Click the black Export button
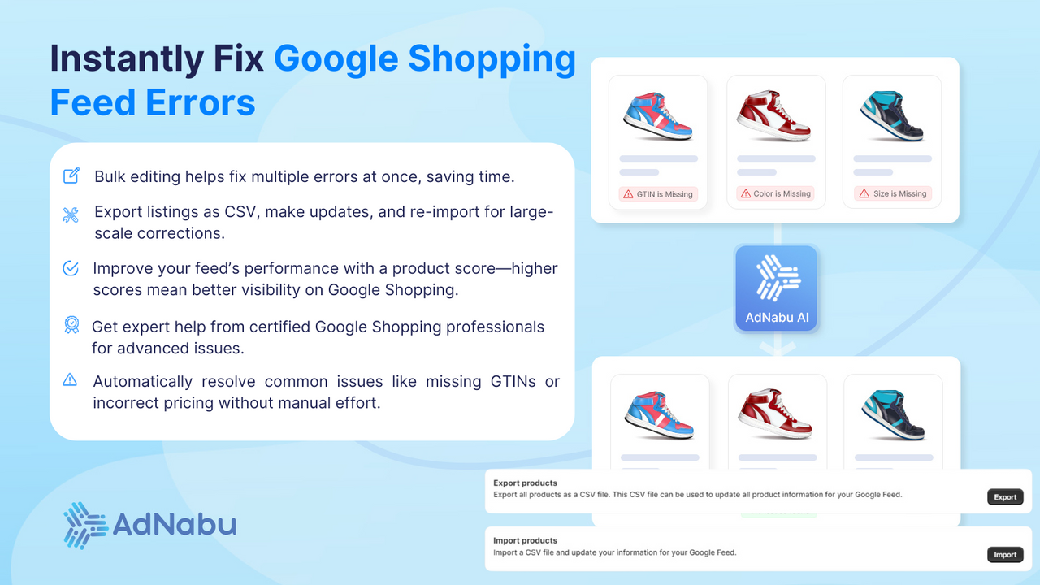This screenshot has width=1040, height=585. point(1005,496)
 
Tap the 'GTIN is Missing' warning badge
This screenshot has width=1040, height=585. point(658,194)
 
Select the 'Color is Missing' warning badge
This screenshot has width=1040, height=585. point(775,194)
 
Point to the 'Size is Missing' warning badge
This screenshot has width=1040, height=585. point(892,194)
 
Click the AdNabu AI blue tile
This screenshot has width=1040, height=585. point(776,288)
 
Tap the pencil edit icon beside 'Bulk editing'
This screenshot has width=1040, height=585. point(71,175)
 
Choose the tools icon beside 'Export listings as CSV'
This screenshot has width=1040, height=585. point(71,215)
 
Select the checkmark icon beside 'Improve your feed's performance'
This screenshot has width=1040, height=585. point(71,268)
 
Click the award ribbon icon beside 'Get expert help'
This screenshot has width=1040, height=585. point(71,326)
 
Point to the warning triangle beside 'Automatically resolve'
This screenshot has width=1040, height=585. point(71,379)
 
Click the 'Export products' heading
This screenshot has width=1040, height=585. point(525,483)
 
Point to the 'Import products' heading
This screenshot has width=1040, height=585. point(525,540)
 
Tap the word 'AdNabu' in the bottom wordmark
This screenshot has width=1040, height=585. point(175,524)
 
